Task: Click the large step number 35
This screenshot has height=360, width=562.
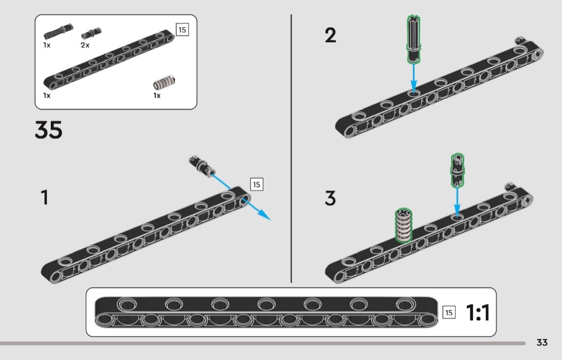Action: coord(49,130)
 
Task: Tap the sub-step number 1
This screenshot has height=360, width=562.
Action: coord(45,197)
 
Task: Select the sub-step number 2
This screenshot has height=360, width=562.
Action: coord(331,36)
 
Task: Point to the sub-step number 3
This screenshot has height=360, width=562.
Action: coord(331,198)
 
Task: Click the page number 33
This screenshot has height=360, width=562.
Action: coord(542,342)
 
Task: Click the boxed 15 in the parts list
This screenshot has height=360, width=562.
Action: coord(182,29)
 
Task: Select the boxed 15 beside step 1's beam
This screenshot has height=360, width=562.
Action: coord(256,185)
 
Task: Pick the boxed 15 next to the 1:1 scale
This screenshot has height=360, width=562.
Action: coord(449,312)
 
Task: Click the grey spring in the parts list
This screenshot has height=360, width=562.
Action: coord(164,82)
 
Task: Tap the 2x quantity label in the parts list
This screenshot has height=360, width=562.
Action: coord(85,45)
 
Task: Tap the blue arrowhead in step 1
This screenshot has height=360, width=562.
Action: coord(264,215)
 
